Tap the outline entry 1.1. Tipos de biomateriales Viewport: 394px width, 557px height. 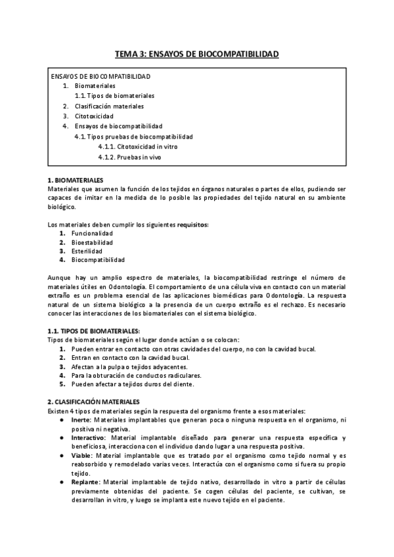point(115,96)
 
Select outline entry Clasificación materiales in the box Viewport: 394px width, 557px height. point(109,106)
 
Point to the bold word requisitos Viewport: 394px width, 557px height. point(191,225)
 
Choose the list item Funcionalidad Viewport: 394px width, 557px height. point(93,234)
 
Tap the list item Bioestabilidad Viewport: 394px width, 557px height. point(93,242)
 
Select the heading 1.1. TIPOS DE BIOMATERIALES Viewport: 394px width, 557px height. point(94,330)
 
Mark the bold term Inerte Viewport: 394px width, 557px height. point(81,418)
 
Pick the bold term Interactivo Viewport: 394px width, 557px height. point(88,437)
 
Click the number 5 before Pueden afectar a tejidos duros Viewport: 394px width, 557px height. point(62,384)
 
